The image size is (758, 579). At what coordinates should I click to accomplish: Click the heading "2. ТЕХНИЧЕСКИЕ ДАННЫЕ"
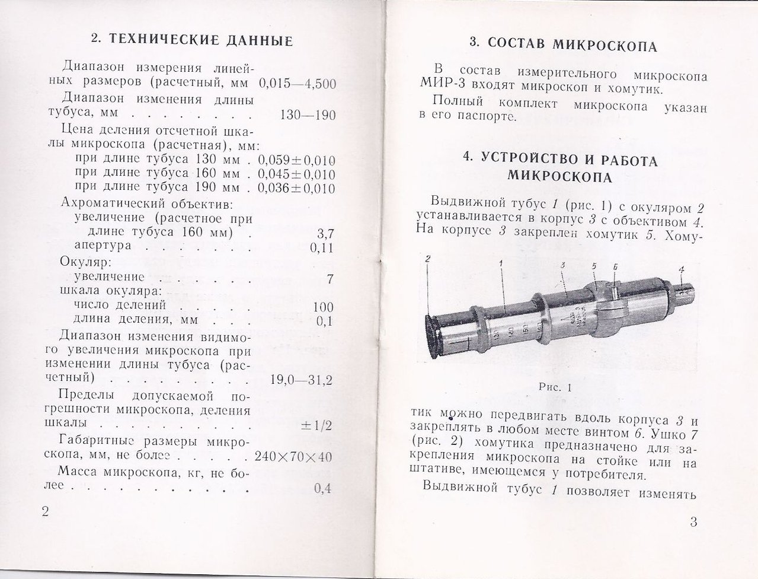pyautogui.click(x=192, y=41)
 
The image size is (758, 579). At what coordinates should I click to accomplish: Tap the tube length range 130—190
pyautogui.click(x=307, y=115)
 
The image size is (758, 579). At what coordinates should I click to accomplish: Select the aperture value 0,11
pyautogui.click(x=322, y=248)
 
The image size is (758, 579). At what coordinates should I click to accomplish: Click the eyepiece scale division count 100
pyautogui.click(x=323, y=307)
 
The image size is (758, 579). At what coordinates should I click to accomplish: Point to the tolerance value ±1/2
pyautogui.click(x=317, y=425)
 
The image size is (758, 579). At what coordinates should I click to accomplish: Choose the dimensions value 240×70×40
pyautogui.click(x=293, y=457)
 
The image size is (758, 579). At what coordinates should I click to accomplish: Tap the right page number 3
pyautogui.click(x=694, y=522)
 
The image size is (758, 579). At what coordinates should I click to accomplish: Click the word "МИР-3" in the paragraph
pyautogui.click(x=441, y=90)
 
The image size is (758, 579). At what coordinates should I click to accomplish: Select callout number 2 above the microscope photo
pyautogui.click(x=427, y=259)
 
